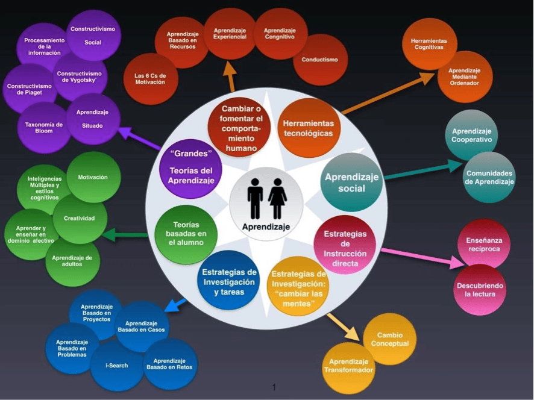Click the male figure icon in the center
tap(255, 199)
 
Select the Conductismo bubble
tap(320, 60)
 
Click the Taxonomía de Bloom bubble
tap(43, 128)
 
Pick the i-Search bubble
tap(117, 365)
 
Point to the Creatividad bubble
tap(80, 218)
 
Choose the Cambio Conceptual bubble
tap(390, 339)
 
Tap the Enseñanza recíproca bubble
tap(484, 245)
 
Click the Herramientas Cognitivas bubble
tap(429, 44)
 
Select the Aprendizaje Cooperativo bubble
tap(472, 135)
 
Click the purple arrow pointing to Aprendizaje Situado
tap(139, 138)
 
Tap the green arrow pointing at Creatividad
tap(125, 235)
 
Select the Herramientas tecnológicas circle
tap(308, 128)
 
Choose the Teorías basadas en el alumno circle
tap(186, 234)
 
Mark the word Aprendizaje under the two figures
tap(266, 227)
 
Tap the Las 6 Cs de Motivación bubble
tap(150, 79)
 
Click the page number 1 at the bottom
tap(274, 387)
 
